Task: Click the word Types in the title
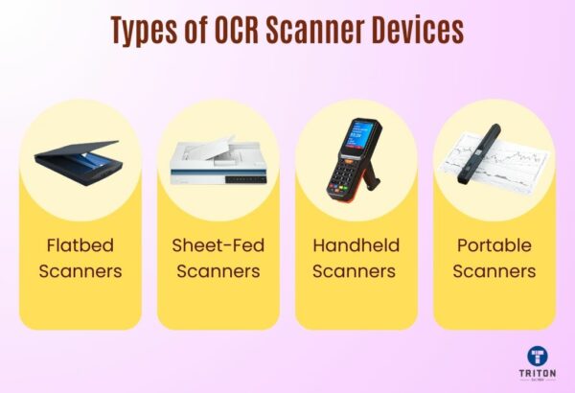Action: (147, 31)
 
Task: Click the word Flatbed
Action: (80, 244)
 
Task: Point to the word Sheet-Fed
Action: (218, 244)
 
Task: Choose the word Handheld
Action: (356, 244)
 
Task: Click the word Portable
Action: (494, 244)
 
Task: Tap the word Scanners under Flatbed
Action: (80, 271)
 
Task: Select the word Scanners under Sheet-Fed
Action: (218, 271)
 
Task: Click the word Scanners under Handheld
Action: (356, 271)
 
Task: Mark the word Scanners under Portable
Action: (494, 271)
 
